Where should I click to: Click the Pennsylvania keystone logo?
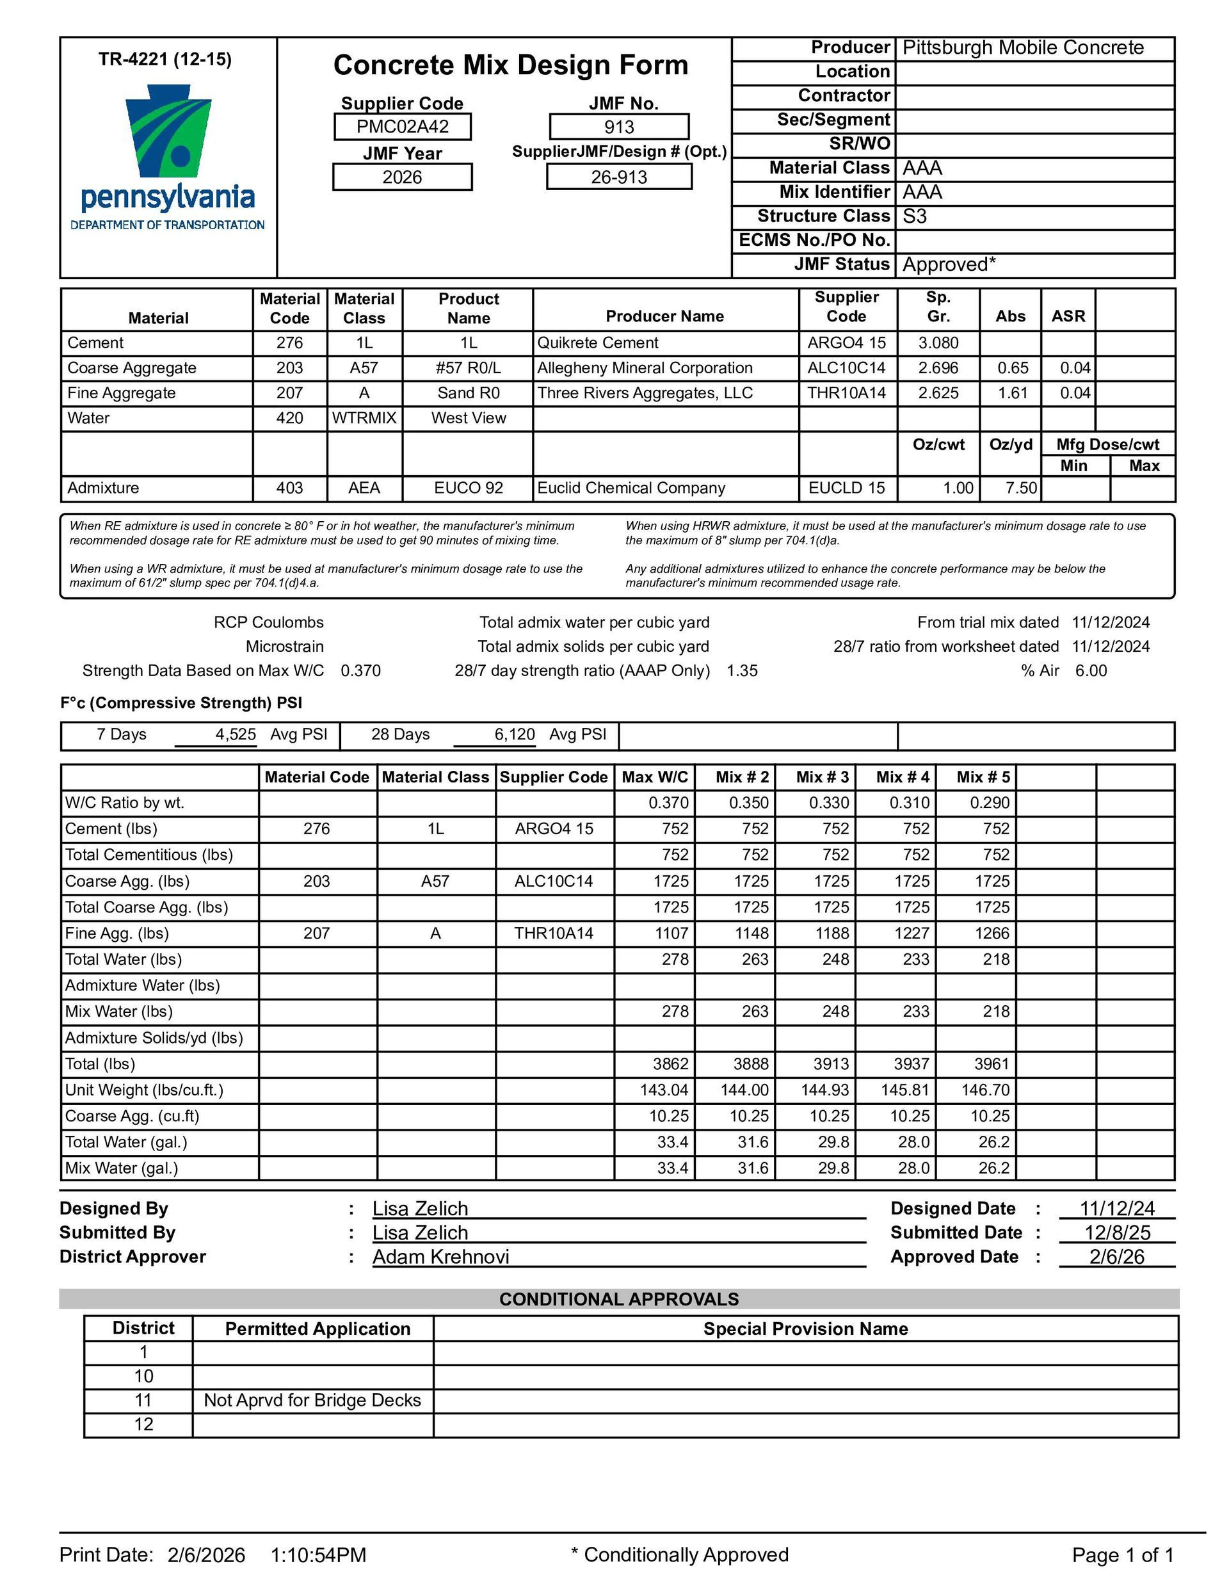coord(168,131)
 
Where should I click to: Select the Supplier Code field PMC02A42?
coord(402,127)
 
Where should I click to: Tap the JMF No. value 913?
coord(618,127)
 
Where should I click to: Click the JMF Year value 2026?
coord(402,177)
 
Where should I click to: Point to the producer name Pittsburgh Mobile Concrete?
coord(1023,48)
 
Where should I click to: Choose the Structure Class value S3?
coord(915,216)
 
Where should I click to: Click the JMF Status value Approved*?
coord(949,264)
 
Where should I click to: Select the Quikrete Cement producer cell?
coord(597,343)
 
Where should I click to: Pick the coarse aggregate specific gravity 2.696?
coord(938,368)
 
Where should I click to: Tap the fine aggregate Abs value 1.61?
coord(1012,393)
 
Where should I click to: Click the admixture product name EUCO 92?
coord(469,488)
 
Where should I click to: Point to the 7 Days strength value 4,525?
coord(236,734)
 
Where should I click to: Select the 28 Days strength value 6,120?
coord(515,734)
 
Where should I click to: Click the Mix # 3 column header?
coord(822,777)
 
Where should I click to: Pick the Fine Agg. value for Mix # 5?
coord(992,933)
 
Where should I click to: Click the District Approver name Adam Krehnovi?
coord(441,1257)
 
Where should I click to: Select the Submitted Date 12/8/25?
coord(1117,1232)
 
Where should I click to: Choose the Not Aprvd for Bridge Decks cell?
coord(312,1400)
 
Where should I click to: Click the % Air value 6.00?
coord(1091,671)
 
